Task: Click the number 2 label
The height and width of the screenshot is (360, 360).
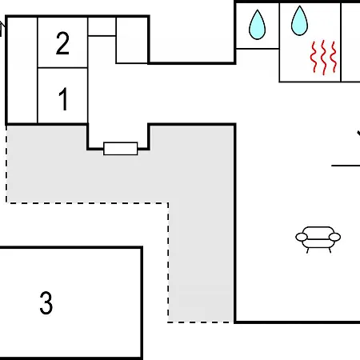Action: (62, 43)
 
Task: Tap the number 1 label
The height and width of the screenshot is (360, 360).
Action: (63, 99)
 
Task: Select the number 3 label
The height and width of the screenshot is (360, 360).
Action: (46, 302)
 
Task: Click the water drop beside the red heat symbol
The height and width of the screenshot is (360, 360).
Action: (299, 21)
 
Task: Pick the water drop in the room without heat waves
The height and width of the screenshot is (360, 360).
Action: (257, 25)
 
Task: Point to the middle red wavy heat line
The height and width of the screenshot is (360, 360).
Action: (323, 58)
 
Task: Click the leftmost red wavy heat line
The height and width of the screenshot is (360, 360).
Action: (314, 58)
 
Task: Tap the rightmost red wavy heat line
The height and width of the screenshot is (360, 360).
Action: (334, 58)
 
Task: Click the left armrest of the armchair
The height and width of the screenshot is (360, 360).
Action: (302, 237)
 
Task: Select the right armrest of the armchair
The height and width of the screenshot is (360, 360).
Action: (334, 237)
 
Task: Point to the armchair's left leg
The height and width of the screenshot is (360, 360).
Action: (308, 250)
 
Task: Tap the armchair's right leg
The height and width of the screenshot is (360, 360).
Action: (330, 250)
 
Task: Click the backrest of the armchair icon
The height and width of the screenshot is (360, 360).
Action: (318, 231)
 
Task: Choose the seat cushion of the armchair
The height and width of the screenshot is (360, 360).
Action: (318, 243)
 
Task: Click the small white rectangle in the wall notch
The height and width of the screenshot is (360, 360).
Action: (121, 149)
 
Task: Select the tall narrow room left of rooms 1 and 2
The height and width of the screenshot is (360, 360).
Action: (22, 70)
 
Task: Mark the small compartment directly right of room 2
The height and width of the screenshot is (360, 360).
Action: (102, 26)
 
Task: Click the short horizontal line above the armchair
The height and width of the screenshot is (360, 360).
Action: (346, 166)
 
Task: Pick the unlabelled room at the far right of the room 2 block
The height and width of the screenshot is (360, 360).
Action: (132, 40)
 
